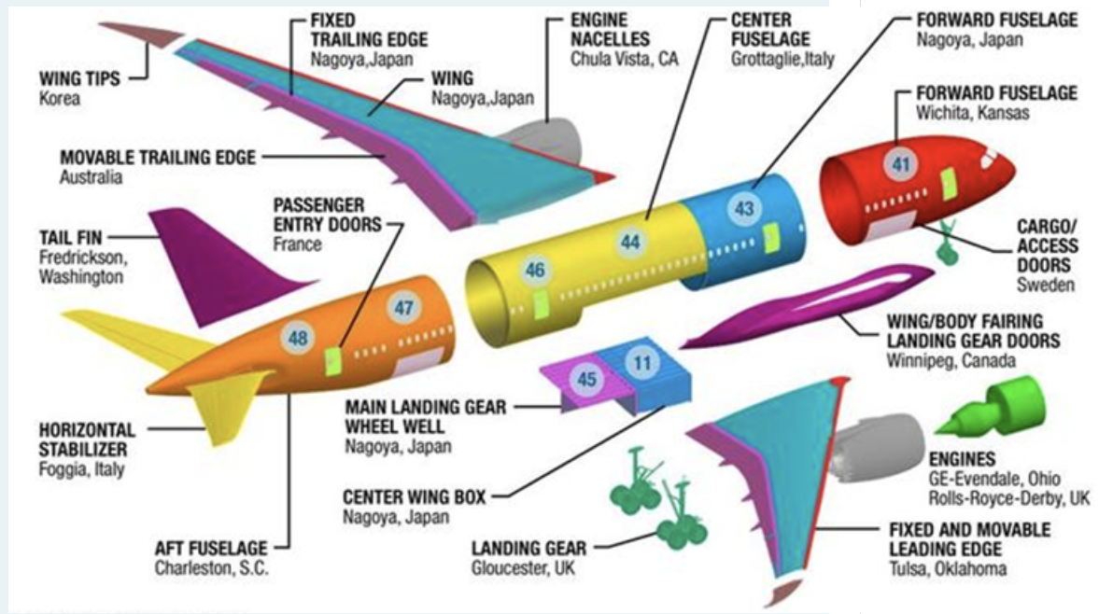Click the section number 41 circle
point(901,165)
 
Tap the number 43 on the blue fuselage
point(744,209)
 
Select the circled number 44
point(632,242)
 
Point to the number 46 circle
point(534,271)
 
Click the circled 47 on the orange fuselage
point(403,307)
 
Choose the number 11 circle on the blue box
point(641,363)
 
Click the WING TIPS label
point(79,79)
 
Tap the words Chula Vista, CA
point(625,58)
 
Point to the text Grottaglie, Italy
point(782,58)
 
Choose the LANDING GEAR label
point(528,547)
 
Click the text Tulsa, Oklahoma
point(948,568)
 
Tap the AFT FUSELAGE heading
point(211,548)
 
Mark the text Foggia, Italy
point(81,469)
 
